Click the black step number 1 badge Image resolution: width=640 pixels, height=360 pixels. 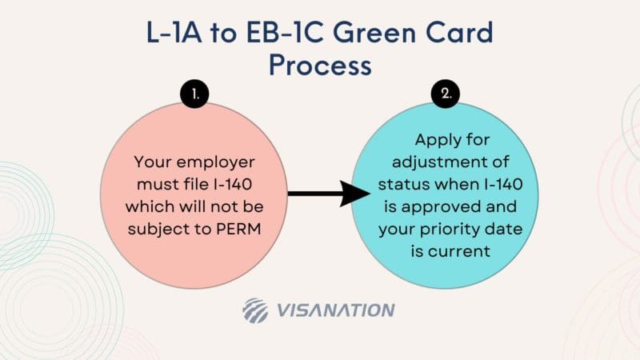pos(194,94)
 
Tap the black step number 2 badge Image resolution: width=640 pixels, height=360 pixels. pos(446,94)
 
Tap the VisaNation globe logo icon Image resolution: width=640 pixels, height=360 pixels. pos(257,310)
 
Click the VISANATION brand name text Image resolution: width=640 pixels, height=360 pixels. pos(335,310)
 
